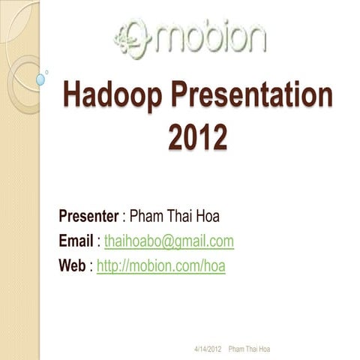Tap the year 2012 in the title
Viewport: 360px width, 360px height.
pyautogui.click(x=196, y=137)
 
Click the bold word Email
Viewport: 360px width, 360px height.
pyautogui.click(x=76, y=241)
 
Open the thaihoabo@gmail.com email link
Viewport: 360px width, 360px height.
pyautogui.click(x=169, y=241)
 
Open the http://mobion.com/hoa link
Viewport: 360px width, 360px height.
pyautogui.click(x=161, y=265)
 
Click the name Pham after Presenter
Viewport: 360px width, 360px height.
pyautogui.click(x=148, y=217)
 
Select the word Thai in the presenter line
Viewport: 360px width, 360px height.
pyautogui.click(x=184, y=217)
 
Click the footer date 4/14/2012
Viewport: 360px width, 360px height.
pyautogui.click(x=208, y=349)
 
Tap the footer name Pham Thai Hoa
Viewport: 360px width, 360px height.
pyautogui.click(x=249, y=349)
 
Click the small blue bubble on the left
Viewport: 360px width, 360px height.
pyautogui.click(x=40, y=79)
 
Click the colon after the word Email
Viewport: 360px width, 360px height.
pyautogui.click(x=98, y=241)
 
